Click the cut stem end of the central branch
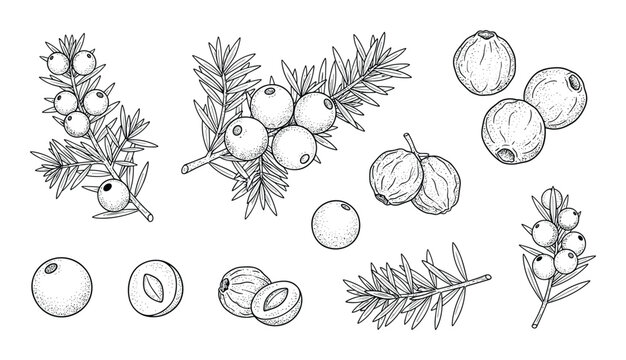point(183,164)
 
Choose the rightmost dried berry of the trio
point(551,97)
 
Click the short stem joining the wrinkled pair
point(409,143)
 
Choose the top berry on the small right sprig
point(547,197)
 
